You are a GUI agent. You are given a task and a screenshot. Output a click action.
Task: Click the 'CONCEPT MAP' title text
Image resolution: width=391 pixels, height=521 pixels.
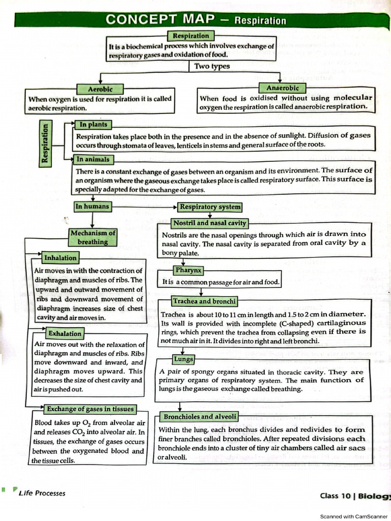pyautogui.click(x=162, y=20)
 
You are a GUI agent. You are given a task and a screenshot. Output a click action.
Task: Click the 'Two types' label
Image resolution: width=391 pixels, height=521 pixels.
pyautogui.click(x=212, y=66)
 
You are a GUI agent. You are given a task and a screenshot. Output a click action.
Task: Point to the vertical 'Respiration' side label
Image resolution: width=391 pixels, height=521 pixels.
pyautogui.click(x=46, y=142)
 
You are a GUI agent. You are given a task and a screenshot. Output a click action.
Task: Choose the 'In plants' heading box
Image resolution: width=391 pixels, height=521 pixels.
pyautogui.click(x=93, y=124)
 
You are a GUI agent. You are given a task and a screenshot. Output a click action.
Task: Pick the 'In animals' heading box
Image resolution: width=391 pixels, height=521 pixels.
pyautogui.click(x=93, y=159)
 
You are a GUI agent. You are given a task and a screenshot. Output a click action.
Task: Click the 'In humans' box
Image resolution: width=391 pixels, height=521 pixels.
pyautogui.click(x=92, y=207)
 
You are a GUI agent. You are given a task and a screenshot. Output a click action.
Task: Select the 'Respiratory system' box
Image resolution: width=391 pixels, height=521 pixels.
pyautogui.click(x=210, y=207)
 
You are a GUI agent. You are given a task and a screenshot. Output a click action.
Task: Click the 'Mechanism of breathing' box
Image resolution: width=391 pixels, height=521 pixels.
pyautogui.click(x=93, y=237)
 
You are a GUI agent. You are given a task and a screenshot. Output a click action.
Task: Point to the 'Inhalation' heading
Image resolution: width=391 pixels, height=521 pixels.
pyautogui.click(x=60, y=258)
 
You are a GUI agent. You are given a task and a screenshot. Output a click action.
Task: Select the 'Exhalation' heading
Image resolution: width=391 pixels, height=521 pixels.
pyautogui.click(x=65, y=334)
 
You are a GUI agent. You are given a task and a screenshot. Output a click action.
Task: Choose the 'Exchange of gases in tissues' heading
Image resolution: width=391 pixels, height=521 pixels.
pyautogui.click(x=90, y=409)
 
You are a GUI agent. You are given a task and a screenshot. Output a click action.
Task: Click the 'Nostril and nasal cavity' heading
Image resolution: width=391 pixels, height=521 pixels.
pyautogui.click(x=210, y=223)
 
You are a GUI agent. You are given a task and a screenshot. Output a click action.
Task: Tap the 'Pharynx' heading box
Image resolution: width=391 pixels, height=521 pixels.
pyautogui.click(x=188, y=270)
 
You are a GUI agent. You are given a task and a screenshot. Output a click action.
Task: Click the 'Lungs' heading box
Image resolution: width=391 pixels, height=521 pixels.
pyautogui.click(x=184, y=359)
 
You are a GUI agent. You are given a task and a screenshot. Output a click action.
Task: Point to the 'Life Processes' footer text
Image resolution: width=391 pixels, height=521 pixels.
pyautogui.click(x=42, y=493)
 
